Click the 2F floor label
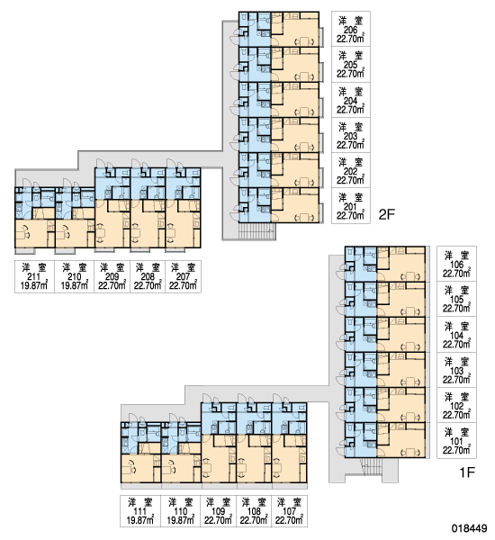tap(386, 214)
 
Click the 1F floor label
tap(467, 472)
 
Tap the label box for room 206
tap(351, 29)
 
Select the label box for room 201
tap(351, 205)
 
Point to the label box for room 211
tap(34, 276)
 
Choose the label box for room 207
tap(183, 276)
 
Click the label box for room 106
tap(457, 264)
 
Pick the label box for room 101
tap(457, 440)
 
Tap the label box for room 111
tap(140, 511)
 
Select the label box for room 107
tap(289, 511)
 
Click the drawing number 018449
tap(470, 528)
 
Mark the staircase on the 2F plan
tap(256, 231)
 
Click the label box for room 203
tap(351, 135)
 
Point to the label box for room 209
tap(112, 276)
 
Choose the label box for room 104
tap(457, 335)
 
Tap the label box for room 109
tap(218, 511)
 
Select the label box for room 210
tap(74, 276)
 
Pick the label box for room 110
tap(181, 511)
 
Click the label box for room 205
tap(351, 64)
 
